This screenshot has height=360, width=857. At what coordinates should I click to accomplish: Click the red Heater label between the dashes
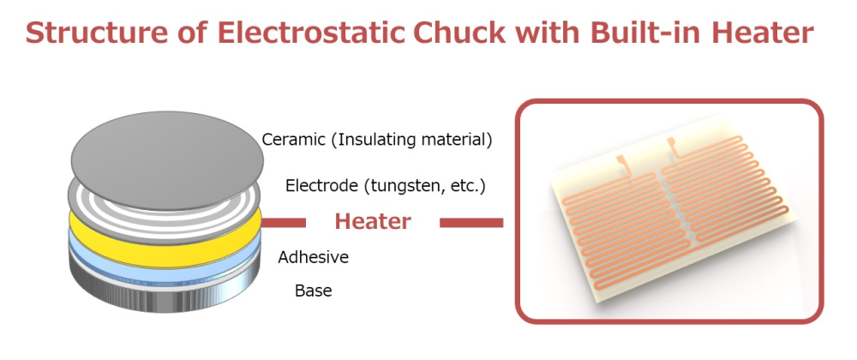tap(372, 222)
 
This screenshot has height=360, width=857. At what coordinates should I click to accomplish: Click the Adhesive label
tap(313, 256)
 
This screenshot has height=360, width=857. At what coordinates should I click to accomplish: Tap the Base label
tap(313, 291)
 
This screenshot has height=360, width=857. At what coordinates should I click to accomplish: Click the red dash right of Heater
tap(470, 223)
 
